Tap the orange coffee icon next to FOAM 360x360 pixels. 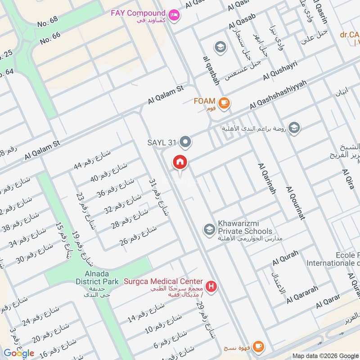(225, 103)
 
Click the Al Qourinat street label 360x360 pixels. (295, 202)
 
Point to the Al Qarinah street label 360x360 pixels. (266, 179)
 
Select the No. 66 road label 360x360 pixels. (50, 38)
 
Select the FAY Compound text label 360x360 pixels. (138, 13)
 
